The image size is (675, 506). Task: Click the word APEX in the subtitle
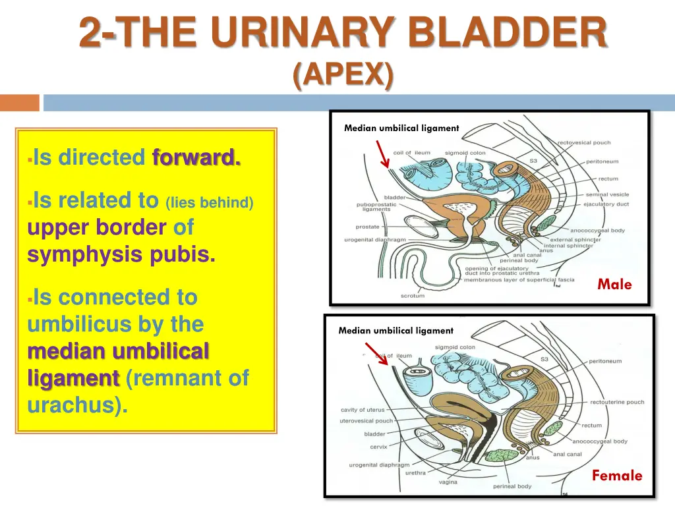point(342,75)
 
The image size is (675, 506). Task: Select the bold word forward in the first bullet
point(196,158)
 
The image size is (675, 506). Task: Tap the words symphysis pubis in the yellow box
point(121,255)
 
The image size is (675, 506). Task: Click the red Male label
point(614,285)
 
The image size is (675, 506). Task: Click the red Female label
point(616,476)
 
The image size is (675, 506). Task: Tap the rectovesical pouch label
point(584,142)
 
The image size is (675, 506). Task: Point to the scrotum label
point(413,296)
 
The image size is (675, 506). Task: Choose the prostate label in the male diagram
point(368,227)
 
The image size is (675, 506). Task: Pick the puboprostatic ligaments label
point(376,207)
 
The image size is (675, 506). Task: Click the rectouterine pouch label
point(617,402)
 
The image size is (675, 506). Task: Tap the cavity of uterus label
point(362,410)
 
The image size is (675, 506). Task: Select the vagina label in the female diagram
point(448,482)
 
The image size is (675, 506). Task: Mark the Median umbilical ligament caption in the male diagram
point(401,128)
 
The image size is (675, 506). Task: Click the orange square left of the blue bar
point(19,103)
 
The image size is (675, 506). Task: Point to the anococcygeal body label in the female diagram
point(599,441)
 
